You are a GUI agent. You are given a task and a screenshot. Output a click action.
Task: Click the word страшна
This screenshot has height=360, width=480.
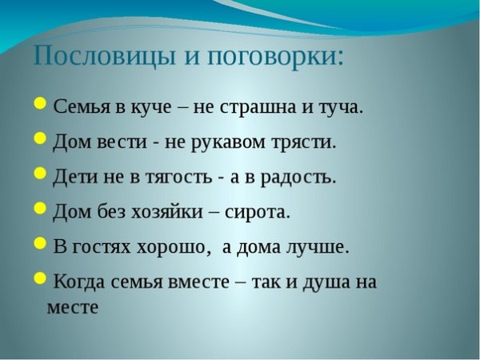[259, 107]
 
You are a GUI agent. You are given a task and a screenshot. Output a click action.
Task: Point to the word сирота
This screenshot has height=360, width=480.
[258, 212]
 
